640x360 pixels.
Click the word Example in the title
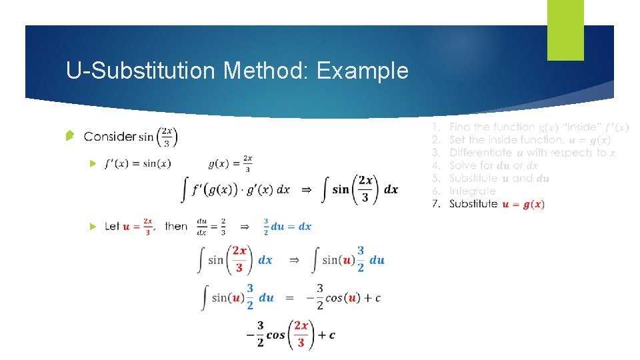click(x=363, y=70)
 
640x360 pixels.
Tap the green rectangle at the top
click(x=565, y=29)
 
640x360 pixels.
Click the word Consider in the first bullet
click(x=110, y=137)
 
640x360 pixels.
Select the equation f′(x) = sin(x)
click(x=138, y=163)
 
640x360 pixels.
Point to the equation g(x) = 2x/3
click(x=230, y=163)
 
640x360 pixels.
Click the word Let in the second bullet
click(x=112, y=227)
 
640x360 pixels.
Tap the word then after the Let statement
click(x=176, y=227)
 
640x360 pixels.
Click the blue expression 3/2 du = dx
click(x=287, y=227)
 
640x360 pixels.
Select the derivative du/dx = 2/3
click(x=211, y=227)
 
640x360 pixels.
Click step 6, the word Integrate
click(x=472, y=191)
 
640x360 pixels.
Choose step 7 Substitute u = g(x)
click(x=496, y=204)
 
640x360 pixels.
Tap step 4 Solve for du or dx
click(x=493, y=165)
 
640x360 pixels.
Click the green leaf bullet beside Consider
click(x=69, y=137)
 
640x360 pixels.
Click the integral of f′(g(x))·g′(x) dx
click(x=237, y=189)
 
